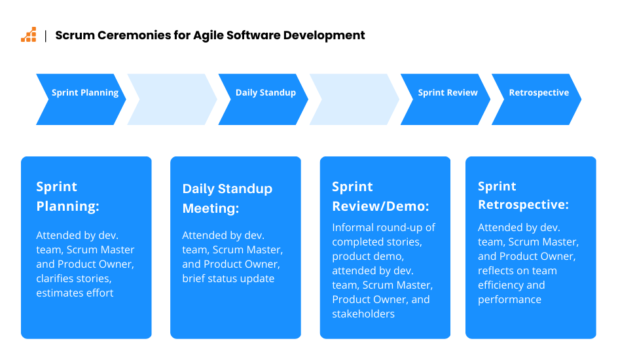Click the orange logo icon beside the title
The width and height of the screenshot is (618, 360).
click(28, 35)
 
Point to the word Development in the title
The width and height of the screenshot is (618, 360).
click(324, 36)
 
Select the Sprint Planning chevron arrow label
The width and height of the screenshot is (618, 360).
click(85, 93)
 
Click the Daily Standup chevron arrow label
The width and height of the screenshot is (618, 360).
click(266, 93)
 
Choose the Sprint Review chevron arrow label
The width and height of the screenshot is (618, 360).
click(448, 92)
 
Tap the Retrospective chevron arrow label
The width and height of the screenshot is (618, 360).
click(539, 93)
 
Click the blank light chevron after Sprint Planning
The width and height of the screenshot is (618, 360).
click(172, 99)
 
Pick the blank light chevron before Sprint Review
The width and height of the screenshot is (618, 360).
click(354, 99)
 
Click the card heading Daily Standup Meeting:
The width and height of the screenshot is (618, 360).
click(227, 198)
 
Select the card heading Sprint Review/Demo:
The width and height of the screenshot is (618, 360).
click(380, 196)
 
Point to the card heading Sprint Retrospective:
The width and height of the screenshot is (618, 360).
click(524, 195)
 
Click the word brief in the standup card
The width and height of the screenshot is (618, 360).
click(194, 278)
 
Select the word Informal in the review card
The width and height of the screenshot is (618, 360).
click(353, 228)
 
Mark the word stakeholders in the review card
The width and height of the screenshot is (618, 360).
click(363, 314)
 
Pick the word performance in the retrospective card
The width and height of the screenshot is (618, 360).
click(509, 300)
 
